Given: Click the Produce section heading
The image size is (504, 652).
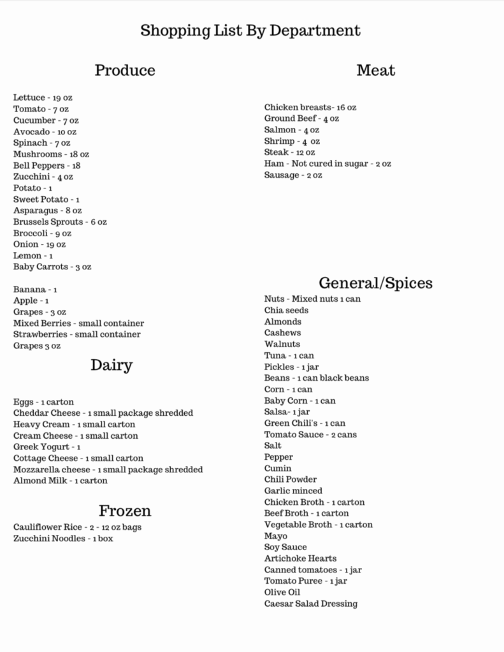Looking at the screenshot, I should [125, 70].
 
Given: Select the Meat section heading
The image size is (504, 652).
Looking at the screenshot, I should [375, 70].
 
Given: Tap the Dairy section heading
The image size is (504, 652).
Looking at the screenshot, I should [112, 365].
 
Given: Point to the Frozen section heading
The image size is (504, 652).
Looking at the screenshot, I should [125, 511].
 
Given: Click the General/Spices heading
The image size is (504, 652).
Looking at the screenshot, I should [375, 283].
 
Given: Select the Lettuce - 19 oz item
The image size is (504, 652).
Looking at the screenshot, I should [43, 97].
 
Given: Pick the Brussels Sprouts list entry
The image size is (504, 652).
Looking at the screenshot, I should [60, 222].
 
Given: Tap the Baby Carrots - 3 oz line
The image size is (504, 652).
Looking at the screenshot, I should [52, 267].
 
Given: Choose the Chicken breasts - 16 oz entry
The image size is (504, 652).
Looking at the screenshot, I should [310, 108].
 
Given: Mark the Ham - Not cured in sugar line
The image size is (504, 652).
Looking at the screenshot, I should [328, 164].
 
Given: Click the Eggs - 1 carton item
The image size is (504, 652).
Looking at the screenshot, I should [43, 402].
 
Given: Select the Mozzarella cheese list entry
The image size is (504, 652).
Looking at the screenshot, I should [108, 469].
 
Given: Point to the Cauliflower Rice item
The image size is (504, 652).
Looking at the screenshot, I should [77, 527].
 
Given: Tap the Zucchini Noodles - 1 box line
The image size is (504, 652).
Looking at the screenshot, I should [63, 539].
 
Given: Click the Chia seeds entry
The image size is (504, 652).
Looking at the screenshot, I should [286, 310].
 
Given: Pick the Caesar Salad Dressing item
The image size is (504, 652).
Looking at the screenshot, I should [311, 604].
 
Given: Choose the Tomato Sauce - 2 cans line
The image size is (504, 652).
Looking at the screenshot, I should [310, 434].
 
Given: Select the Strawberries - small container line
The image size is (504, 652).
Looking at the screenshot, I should [76, 334].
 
